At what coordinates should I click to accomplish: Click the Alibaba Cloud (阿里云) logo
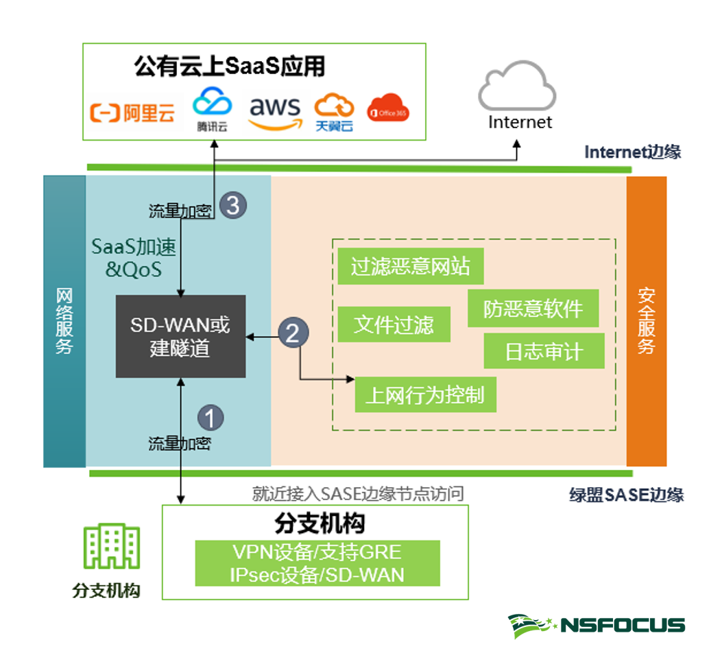pos(133,112)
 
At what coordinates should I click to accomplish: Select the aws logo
pos(275,111)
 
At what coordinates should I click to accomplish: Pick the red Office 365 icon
pos(388,110)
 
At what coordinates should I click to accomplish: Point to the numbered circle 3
pos(233,205)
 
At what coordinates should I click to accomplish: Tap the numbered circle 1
pos(211,416)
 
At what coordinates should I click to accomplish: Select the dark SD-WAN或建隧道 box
pos(180,336)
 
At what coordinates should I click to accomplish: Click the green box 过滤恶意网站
pos(410,266)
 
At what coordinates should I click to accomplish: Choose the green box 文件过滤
pos(394,324)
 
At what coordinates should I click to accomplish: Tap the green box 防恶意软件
pos(533,308)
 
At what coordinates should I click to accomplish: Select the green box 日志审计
pos(544,351)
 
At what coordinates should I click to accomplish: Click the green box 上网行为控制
pos(425,394)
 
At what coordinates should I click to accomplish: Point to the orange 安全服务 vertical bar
pos(646,321)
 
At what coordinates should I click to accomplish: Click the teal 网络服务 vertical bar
pos(64,321)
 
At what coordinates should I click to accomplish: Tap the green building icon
pos(111,547)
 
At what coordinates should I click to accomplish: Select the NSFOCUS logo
pos(596,625)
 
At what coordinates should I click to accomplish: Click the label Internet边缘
pos(632,152)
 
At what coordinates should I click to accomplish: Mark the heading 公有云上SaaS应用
pos(229,67)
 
